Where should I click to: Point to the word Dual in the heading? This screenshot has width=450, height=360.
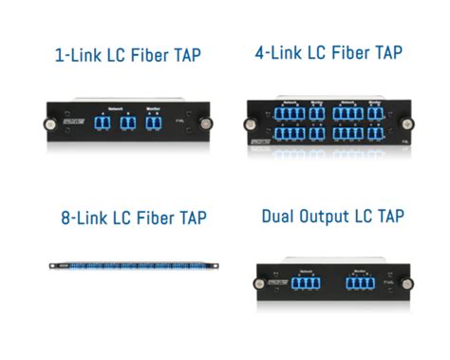point(280,217)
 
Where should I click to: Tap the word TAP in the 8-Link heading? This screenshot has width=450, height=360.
point(187,219)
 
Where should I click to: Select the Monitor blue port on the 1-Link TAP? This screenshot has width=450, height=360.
point(157,125)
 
